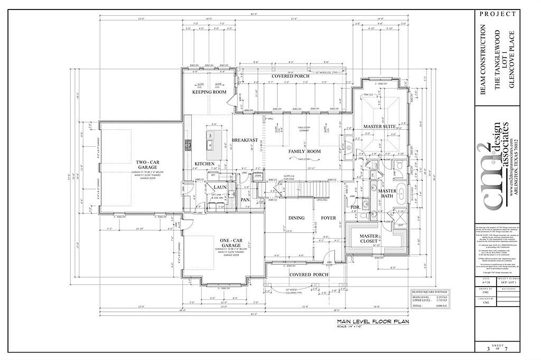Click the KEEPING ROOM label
coord(209,92)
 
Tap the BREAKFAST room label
coord(245,140)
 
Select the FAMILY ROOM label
coord(304,151)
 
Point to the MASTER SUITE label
coord(380,127)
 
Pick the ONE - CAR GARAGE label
coord(232,244)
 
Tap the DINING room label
coord(297,218)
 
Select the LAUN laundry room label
coord(220,187)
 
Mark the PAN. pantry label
coord(245,201)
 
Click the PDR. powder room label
coord(355,207)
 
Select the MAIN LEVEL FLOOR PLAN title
coord(373,321)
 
